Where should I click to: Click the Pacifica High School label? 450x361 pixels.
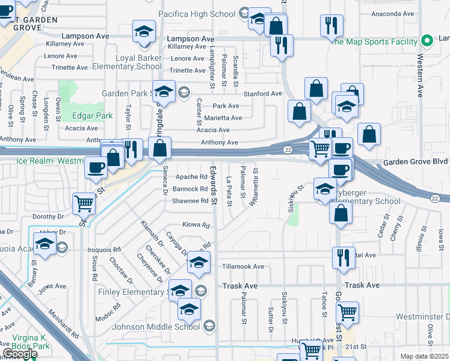[x=198, y=13]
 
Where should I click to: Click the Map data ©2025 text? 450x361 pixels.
[x=424, y=356]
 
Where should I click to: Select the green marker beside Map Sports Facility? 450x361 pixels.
[x=427, y=42]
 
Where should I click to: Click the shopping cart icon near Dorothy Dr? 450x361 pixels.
[x=84, y=203]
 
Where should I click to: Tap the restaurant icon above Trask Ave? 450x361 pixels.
[x=344, y=257]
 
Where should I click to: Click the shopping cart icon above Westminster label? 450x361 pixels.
[x=347, y=312]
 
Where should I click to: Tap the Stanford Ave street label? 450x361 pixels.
[x=262, y=94]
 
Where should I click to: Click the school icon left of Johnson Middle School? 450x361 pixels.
[x=188, y=310]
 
